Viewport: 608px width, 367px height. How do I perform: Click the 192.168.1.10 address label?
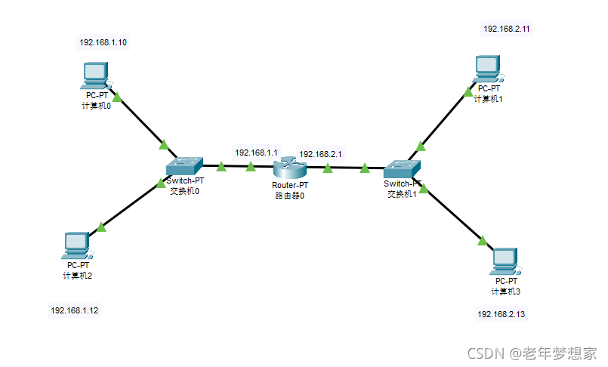[x=103, y=42]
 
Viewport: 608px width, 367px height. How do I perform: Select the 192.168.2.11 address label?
[x=508, y=29]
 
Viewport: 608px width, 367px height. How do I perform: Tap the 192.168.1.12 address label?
[x=74, y=310]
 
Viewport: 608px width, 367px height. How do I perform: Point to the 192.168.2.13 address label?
[x=501, y=314]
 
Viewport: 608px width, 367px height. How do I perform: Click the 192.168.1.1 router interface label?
[x=256, y=153]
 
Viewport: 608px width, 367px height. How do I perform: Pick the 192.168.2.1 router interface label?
[x=320, y=154]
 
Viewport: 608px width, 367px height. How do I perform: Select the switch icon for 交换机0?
[x=184, y=165]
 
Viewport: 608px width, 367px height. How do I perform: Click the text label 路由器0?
[x=290, y=196]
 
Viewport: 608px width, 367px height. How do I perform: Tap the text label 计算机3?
[x=506, y=291]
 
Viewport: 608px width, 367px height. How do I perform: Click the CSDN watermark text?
[x=532, y=353]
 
